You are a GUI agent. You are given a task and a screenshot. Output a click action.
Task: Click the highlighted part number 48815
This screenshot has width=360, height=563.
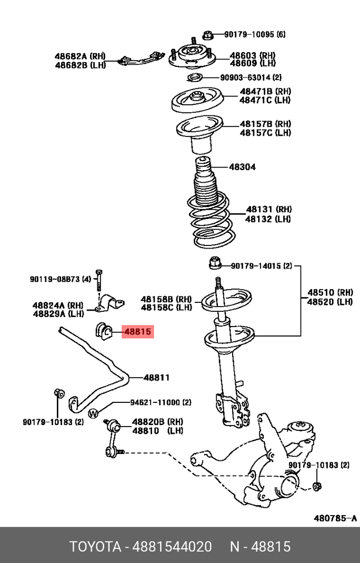pyautogui.click(x=137, y=332)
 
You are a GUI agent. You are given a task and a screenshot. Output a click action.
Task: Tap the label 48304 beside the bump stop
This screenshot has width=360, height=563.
pyautogui.click(x=242, y=167)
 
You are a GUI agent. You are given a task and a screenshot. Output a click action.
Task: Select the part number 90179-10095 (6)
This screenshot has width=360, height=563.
pyautogui.click(x=255, y=35)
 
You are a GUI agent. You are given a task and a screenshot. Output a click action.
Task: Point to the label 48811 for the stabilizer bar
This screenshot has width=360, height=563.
pyautogui.click(x=156, y=377)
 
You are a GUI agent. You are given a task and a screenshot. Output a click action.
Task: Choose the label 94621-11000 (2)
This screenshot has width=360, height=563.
pyautogui.click(x=161, y=402)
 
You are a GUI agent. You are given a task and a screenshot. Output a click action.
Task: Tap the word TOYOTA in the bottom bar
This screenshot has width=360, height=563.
pyautogui.click(x=95, y=547)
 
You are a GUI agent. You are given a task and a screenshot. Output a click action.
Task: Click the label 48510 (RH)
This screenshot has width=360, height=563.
pyautogui.click(x=330, y=292)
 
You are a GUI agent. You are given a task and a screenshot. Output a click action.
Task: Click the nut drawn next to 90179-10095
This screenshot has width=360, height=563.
pyautogui.click(x=208, y=36)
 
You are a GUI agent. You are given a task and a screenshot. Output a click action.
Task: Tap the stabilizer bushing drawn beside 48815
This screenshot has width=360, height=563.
pyautogui.click(x=103, y=331)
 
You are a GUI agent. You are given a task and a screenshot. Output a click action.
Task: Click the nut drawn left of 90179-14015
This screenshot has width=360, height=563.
pyautogui.click(x=215, y=262)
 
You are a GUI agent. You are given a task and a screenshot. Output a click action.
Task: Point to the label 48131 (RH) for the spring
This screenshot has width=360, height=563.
pyautogui.click(x=269, y=209)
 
